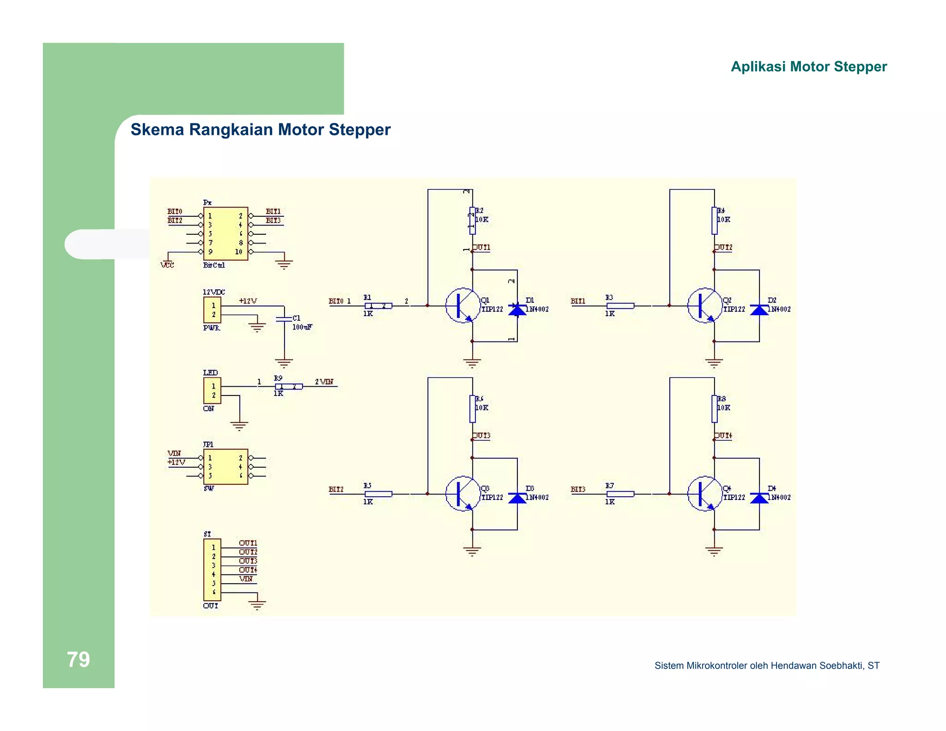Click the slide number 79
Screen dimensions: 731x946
tap(78, 659)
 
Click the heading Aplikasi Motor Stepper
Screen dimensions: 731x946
tap(808, 67)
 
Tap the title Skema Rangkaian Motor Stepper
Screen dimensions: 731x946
tap(261, 130)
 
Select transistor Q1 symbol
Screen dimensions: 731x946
tap(462, 305)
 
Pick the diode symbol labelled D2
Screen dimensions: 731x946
tap(759, 310)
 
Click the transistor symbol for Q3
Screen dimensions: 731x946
tap(462, 493)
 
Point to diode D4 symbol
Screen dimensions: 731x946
tap(759, 498)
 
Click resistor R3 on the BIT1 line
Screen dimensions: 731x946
tap(620, 305)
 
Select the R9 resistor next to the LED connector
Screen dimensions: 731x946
tap(289, 386)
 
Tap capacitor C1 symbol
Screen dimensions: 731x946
tap(284, 319)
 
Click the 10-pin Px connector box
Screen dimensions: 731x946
tap(225, 233)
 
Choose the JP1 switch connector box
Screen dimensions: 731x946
tap(225, 466)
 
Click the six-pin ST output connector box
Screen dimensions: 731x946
tap(212, 569)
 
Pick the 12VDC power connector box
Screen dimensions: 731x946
tap(212, 310)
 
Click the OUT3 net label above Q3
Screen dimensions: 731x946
tap(481, 436)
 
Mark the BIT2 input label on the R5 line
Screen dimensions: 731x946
tap(336, 489)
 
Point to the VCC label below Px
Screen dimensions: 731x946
tap(167, 265)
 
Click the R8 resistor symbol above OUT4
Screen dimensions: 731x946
tap(714, 409)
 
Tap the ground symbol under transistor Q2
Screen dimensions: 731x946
tap(714, 363)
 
